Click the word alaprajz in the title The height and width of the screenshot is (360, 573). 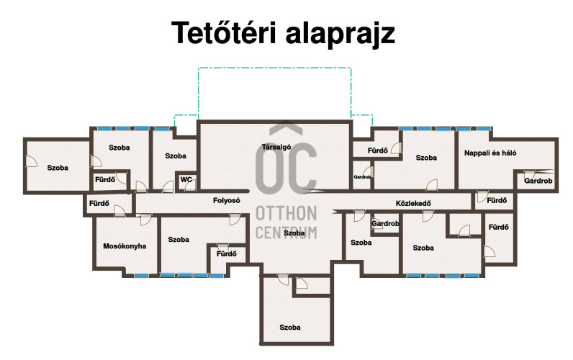click(x=340, y=34)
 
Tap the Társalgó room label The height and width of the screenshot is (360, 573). click(x=276, y=147)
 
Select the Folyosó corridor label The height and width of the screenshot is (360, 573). click(x=227, y=200)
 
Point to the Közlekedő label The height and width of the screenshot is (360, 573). click(x=413, y=203)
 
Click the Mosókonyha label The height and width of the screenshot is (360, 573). click(x=125, y=246)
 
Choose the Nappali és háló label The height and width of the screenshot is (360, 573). click(x=490, y=153)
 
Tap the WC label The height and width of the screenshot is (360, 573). click(x=186, y=179)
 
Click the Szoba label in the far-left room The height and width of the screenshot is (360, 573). click(x=58, y=168)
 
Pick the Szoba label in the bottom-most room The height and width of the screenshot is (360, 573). click(x=290, y=328)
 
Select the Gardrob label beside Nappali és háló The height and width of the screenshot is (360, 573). click(x=538, y=181)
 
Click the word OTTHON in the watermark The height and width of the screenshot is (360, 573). click(x=286, y=213)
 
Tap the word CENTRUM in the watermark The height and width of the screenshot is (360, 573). click(x=286, y=233)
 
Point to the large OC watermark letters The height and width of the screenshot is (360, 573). click(x=286, y=168)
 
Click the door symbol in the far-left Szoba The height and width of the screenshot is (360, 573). click(x=31, y=161)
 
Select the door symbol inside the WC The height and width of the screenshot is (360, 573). click(x=190, y=185)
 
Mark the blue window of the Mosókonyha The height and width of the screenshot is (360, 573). click(x=141, y=276)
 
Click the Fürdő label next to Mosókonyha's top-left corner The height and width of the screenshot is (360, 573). click(x=99, y=203)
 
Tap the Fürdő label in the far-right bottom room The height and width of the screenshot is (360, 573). click(x=498, y=227)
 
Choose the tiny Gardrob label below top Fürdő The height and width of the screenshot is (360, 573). click(x=363, y=177)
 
